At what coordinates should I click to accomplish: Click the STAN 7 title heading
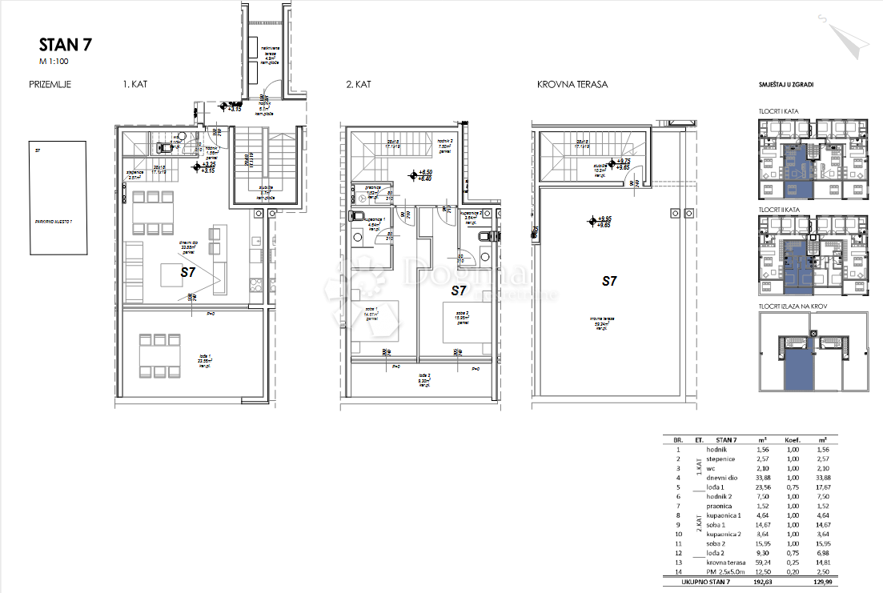(x=60, y=45)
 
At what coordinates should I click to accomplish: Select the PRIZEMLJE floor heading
(x=50, y=83)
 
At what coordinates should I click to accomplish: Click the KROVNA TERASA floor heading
(x=572, y=83)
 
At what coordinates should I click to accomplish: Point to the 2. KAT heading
(x=359, y=83)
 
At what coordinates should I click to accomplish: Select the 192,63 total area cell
(x=762, y=584)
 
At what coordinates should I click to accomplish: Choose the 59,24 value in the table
(x=762, y=562)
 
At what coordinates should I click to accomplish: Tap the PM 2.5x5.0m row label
(x=725, y=572)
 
